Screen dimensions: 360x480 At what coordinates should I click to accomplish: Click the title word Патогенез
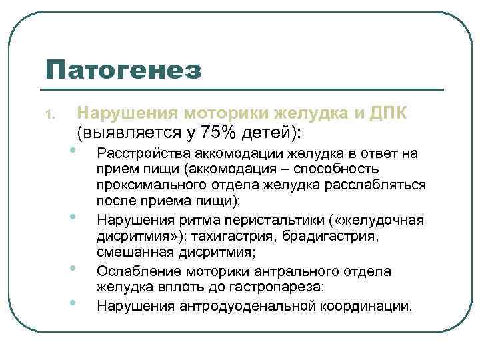point(124,69)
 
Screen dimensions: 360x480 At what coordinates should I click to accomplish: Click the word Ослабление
point(135,271)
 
